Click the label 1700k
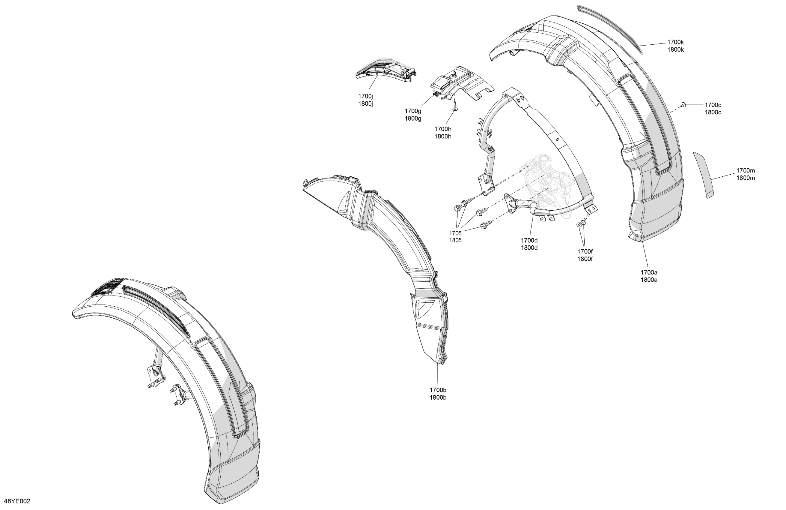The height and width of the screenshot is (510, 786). click(675, 42)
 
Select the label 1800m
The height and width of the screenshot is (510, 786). click(745, 178)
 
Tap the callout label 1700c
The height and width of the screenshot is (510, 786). click(713, 105)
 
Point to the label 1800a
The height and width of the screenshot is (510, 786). click(649, 280)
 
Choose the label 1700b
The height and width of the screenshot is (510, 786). click(438, 390)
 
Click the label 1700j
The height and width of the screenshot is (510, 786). click(366, 96)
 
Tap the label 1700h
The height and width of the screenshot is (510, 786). click(443, 129)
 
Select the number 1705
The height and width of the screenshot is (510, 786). click(455, 233)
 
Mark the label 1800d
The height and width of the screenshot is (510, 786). click(529, 247)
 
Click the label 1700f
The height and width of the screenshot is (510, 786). click(585, 251)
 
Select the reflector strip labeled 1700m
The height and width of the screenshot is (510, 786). click(703, 175)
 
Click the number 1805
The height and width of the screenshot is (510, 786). click(455, 240)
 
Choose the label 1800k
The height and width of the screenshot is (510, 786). click(675, 49)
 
